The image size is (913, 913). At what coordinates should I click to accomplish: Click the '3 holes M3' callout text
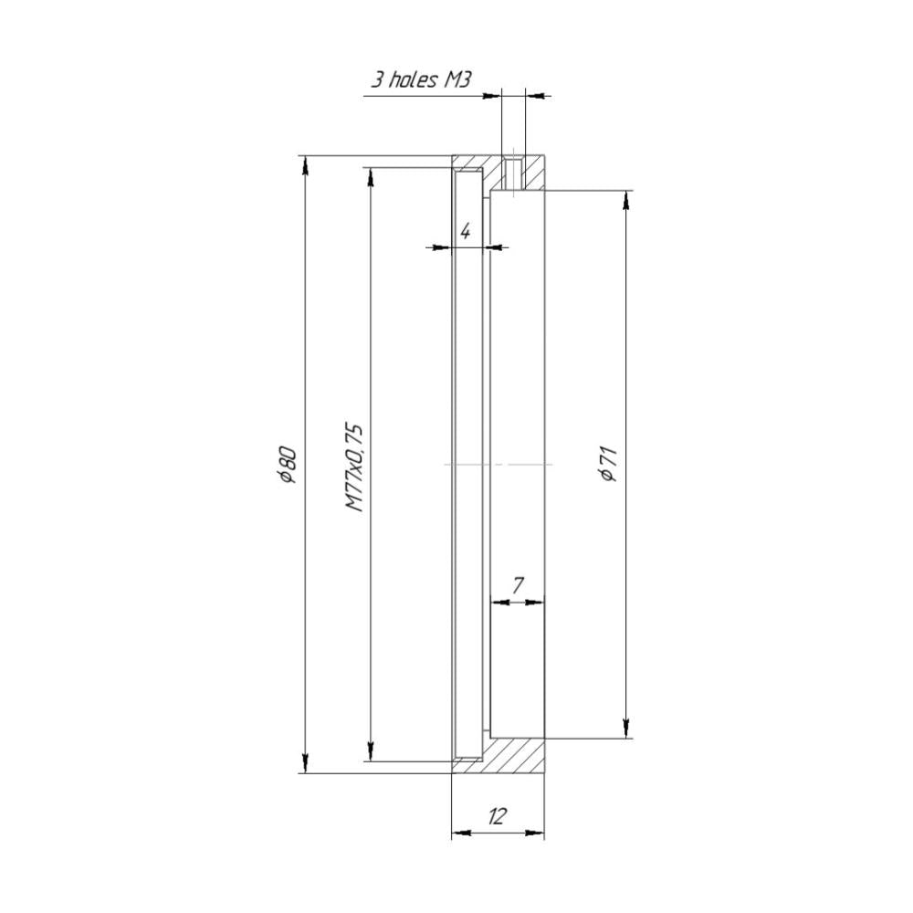click(x=420, y=79)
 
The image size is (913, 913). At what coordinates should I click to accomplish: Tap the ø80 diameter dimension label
click(x=288, y=465)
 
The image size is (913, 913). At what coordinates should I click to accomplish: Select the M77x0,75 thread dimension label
click(x=354, y=467)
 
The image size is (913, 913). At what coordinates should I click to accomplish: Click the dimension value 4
click(x=466, y=232)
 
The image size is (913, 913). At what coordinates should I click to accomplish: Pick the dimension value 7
click(x=519, y=586)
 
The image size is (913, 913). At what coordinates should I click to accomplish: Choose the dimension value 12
click(x=497, y=816)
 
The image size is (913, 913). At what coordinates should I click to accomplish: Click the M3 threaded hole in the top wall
click(x=513, y=173)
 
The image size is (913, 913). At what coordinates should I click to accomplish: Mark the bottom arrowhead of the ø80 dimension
click(x=305, y=763)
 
